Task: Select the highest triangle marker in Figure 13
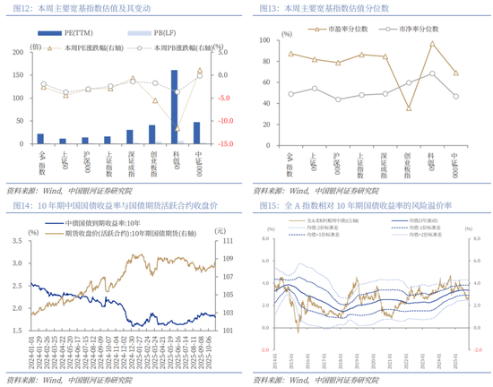(432, 43)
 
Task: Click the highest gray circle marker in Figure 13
(432, 73)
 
